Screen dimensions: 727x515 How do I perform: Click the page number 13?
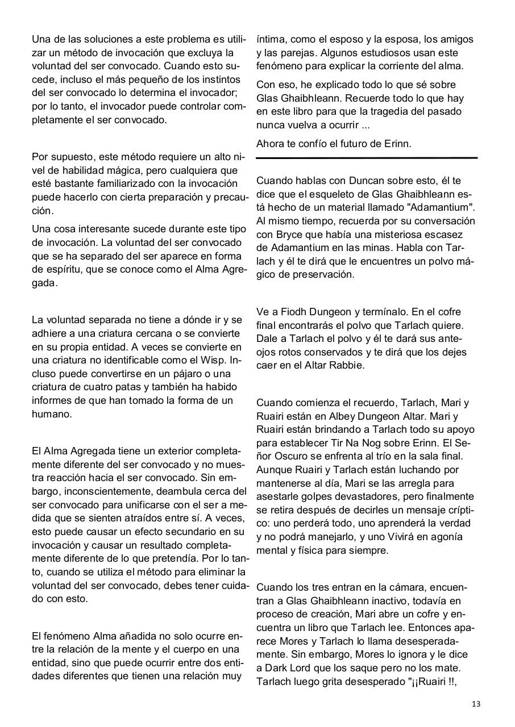tap(476, 704)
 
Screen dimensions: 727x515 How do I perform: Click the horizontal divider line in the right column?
tap(367, 157)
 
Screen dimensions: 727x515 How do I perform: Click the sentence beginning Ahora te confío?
tap(334, 144)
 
